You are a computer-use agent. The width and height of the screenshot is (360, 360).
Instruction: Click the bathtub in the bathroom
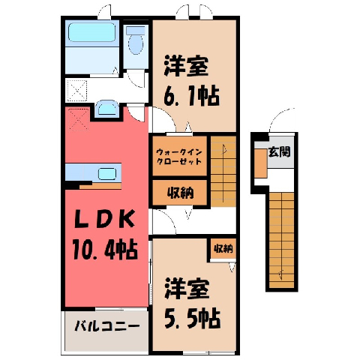click(x=92, y=32)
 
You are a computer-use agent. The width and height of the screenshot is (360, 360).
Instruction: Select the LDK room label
click(x=105, y=220)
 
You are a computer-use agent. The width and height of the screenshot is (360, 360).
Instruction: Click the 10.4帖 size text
click(x=105, y=250)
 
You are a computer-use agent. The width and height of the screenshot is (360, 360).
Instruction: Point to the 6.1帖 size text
click(x=191, y=96)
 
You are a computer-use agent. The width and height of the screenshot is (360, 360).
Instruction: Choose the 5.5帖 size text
click(x=193, y=319)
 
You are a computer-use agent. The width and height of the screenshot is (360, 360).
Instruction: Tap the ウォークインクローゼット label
click(x=179, y=156)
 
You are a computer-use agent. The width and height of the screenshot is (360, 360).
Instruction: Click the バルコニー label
click(x=107, y=326)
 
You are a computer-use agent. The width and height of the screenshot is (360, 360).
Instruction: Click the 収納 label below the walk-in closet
click(x=180, y=193)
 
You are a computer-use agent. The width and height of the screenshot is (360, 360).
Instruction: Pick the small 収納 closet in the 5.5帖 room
click(x=223, y=248)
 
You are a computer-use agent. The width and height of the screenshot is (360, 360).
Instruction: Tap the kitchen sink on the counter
click(x=107, y=174)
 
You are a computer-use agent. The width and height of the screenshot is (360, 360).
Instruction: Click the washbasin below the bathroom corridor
click(x=107, y=109)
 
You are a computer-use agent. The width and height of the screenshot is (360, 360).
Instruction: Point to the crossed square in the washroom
click(x=77, y=91)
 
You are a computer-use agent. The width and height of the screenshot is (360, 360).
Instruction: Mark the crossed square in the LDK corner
click(x=78, y=120)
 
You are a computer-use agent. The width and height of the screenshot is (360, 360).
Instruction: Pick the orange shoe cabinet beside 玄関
click(x=261, y=163)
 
